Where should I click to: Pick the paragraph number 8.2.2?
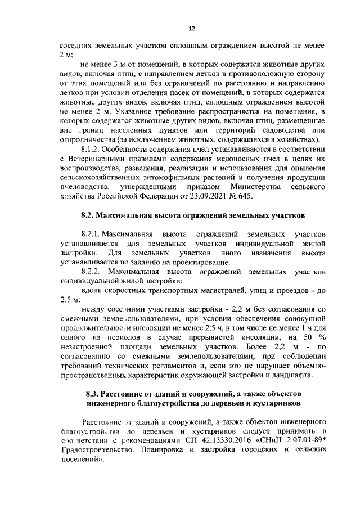[92, 272]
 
